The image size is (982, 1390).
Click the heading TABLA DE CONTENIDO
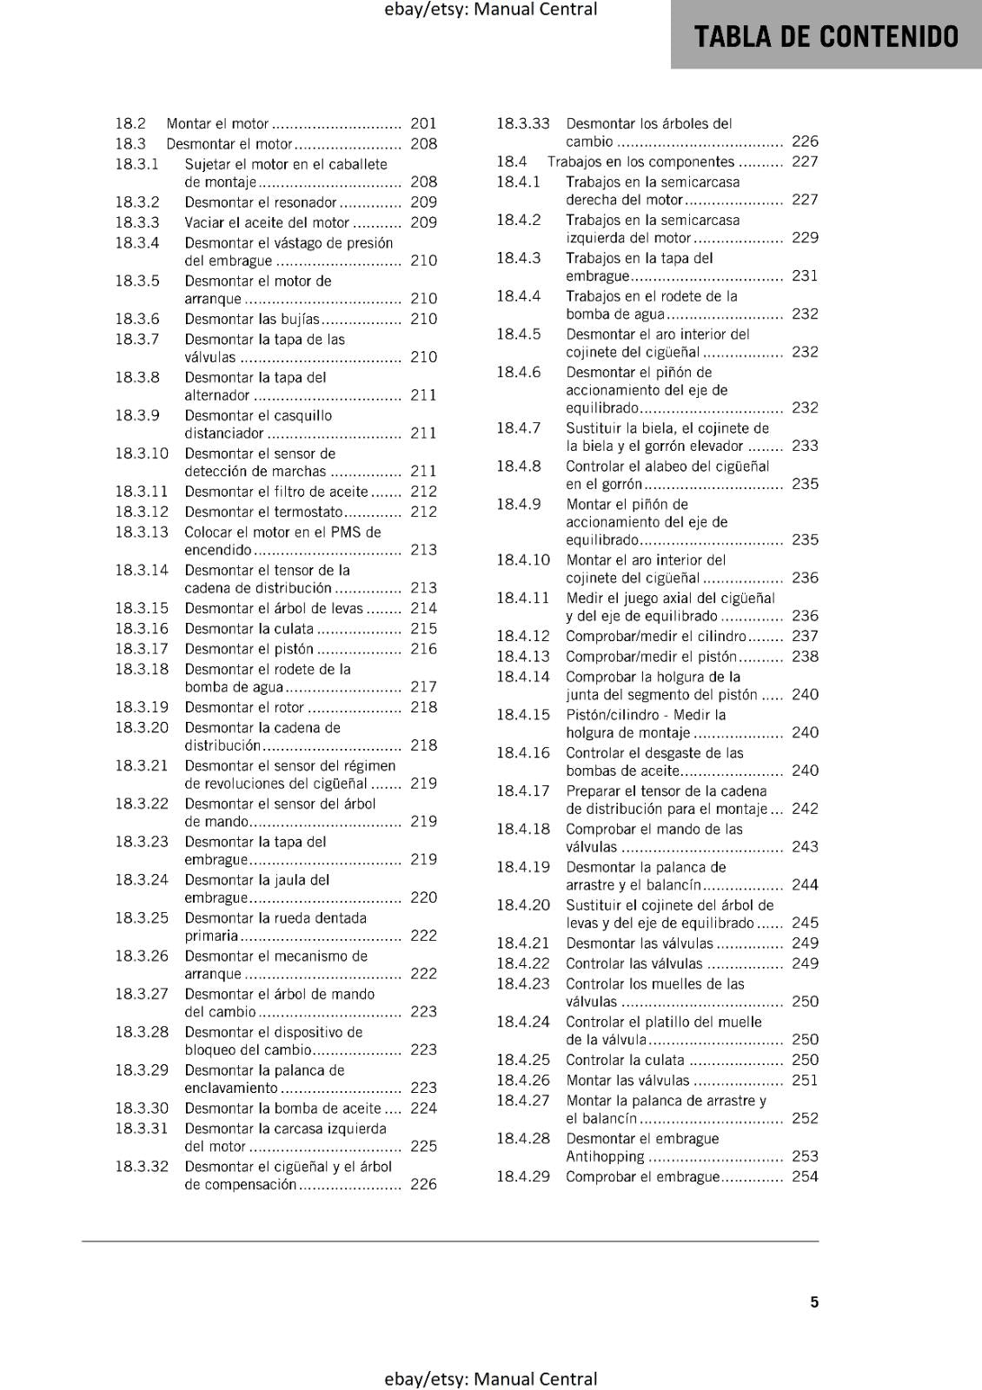tap(826, 36)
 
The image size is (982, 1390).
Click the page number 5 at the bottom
tap(814, 1301)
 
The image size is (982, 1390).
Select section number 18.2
tap(130, 123)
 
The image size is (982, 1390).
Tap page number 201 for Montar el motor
tap(423, 123)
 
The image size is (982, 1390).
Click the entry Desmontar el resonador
tap(260, 202)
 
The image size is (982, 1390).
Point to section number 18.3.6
tap(137, 319)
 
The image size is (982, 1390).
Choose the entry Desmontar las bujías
tap(252, 319)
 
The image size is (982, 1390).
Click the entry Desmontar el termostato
tap(263, 512)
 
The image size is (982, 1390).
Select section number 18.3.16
tap(142, 628)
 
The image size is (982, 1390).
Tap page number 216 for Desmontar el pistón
tap(423, 649)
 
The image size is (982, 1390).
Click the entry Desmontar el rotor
tap(244, 707)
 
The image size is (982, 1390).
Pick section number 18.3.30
tap(142, 1108)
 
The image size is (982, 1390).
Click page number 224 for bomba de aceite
tap(423, 1108)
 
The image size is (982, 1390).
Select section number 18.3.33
tap(523, 123)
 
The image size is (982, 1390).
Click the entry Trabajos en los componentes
tap(640, 162)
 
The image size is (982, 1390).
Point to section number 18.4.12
tap(523, 636)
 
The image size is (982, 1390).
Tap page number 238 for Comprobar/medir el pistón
tap(805, 657)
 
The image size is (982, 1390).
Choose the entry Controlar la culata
tap(625, 1060)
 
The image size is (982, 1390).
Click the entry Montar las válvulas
tap(627, 1081)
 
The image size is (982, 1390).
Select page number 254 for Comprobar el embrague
tap(805, 1176)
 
